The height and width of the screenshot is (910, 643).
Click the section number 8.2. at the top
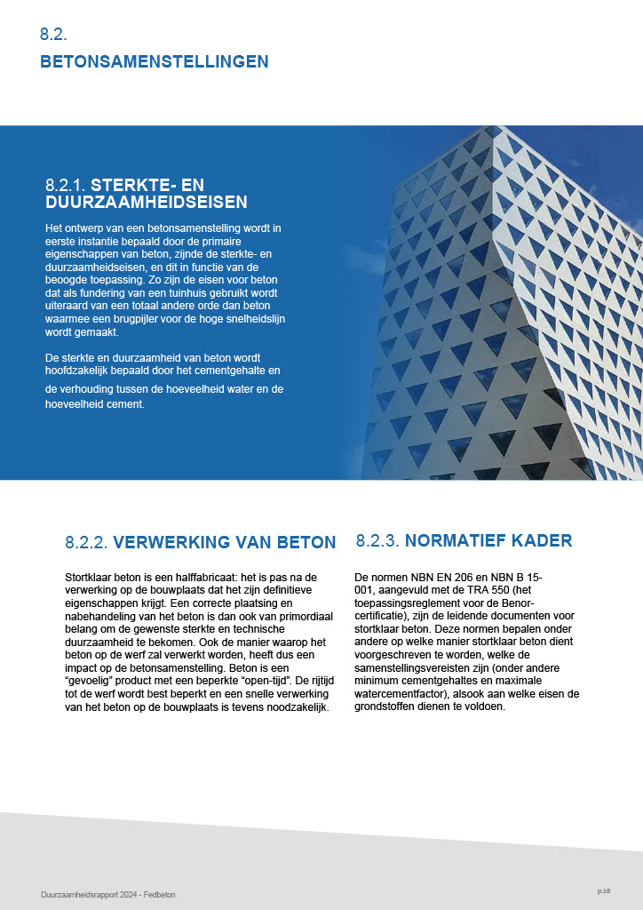tap(53, 35)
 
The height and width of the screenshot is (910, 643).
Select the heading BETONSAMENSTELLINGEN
tap(154, 62)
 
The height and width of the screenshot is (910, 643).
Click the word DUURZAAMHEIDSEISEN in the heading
tap(146, 203)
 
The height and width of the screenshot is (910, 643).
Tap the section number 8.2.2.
tap(86, 542)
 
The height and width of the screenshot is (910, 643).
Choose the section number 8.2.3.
tap(377, 540)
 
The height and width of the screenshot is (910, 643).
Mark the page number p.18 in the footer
tap(603, 890)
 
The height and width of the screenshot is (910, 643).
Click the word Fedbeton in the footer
tap(160, 894)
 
